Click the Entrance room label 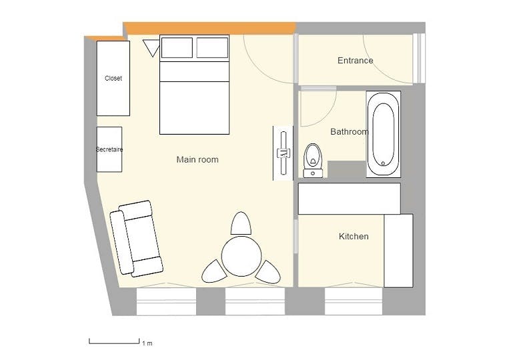pyautogui.click(x=355, y=61)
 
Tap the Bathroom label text pyautogui.click(x=350, y=131)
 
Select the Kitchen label pyautogui.click(x=354, y=236)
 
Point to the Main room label pyautogui.click(x=197, y=159)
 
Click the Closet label pyautogui.click(x=113, y=78)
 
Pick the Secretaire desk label pyautogui.click(x=109, y=149)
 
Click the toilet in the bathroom pyautogui.click(x=313, y=161)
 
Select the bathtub pyautogui.click(x=383, y=134)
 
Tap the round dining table pyautogui.click(x=241, y=256)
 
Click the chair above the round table pyautogui.click(x=241, y=223)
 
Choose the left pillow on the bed pyautogui.click(x=177, y=47)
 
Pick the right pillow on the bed pyautogui.click(x=212, y=47)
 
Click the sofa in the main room pyautogui.click(x=136, y=239)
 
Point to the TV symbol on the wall pyautogui.click(x=284, y=153)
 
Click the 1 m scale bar pyautogui.click(x=114, y=341)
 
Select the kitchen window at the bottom pyautogui.click(x=354, y=301)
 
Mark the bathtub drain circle pyautogui.click(x=383, y=163)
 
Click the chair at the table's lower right pyautogui.click(x=268, y=272)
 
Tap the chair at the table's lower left pyautogui.click(x=214, y=271)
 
